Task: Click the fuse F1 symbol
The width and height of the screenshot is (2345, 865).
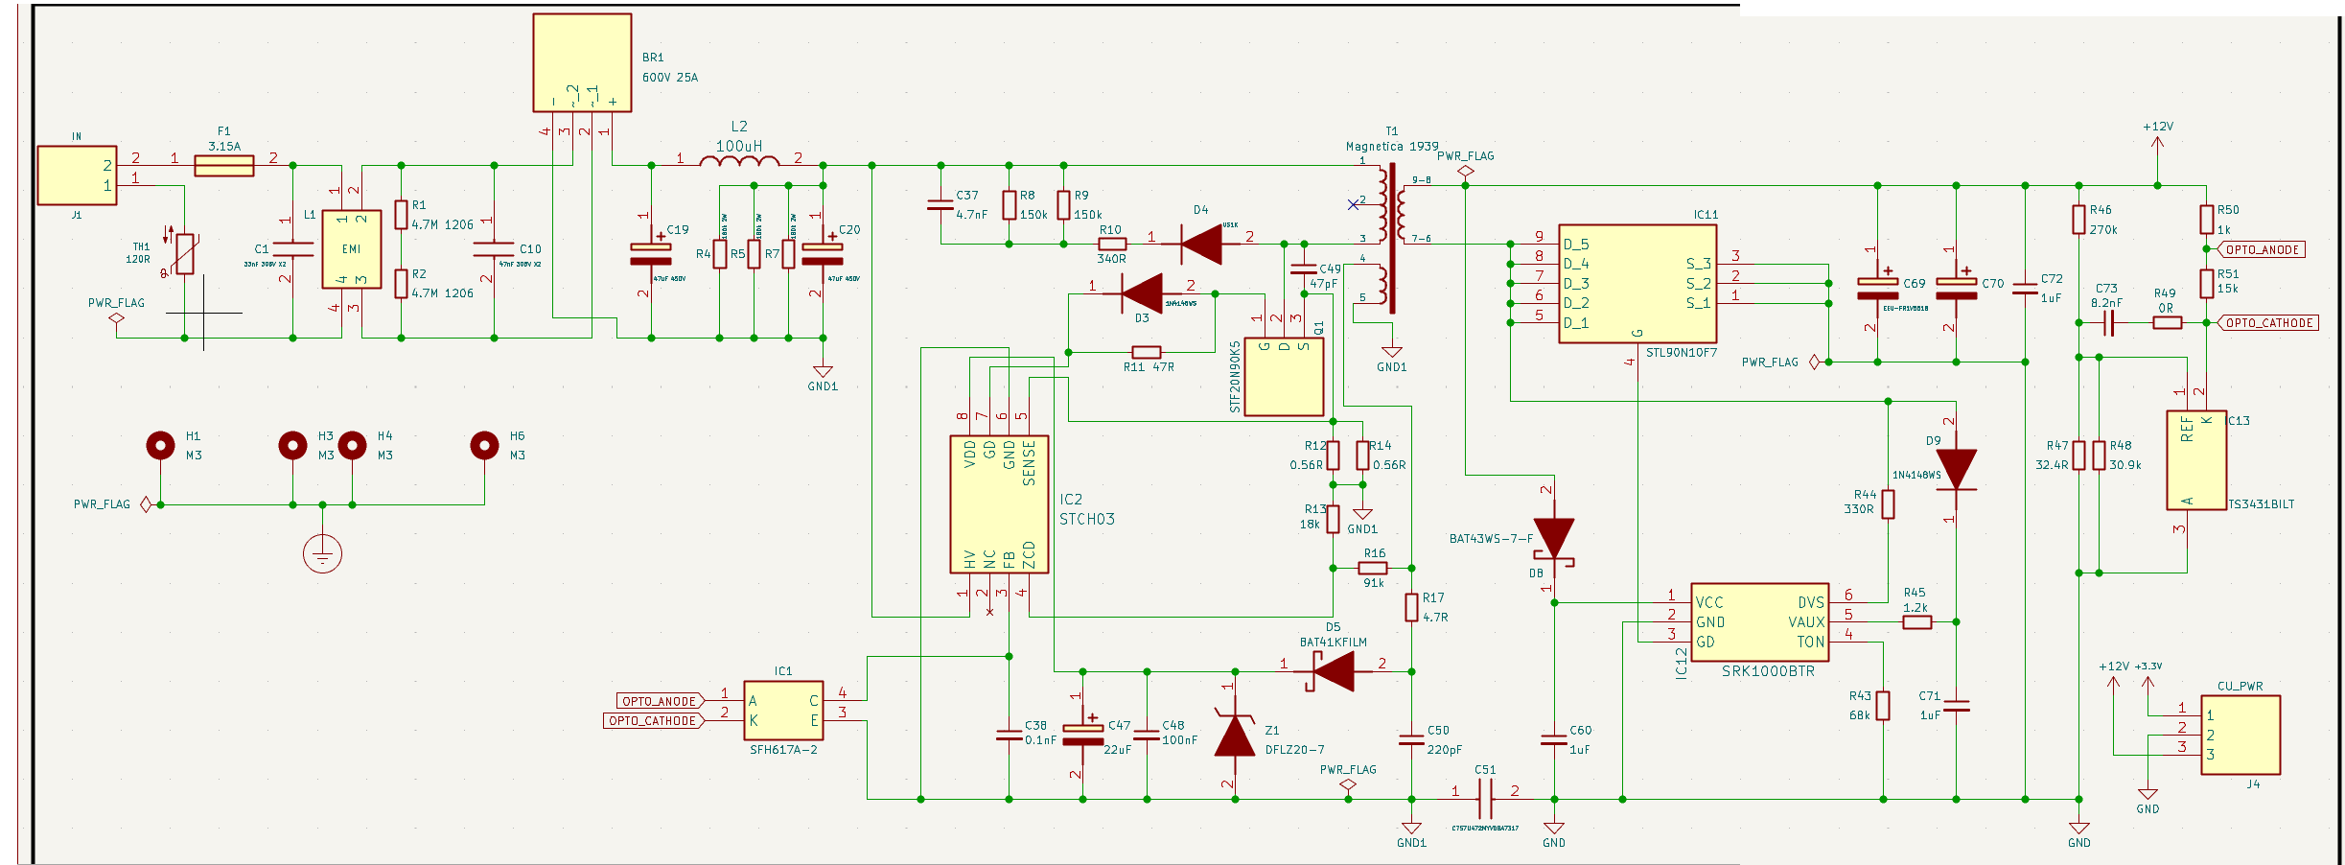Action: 223,166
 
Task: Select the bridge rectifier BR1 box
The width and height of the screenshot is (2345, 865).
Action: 582,62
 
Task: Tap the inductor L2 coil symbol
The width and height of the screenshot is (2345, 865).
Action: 739,161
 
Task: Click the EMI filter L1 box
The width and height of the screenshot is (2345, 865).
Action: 351,248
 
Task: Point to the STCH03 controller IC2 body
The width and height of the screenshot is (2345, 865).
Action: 999,504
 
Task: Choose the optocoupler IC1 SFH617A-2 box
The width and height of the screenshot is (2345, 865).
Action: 783,710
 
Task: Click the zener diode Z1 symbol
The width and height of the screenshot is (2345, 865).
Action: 1235,736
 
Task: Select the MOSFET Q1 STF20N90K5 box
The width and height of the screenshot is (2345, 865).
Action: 1284,376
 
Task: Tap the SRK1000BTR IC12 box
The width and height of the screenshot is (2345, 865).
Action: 1759,621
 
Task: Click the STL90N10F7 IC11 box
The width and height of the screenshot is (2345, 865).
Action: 1637,284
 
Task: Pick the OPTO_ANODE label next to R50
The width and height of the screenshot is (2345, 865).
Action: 2263,249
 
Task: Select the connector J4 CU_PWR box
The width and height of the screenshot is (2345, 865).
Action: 2240,735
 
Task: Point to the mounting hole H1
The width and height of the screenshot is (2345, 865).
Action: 160,446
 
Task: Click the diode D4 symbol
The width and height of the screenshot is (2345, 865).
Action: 1201,244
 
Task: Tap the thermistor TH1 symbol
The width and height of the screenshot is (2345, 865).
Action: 185,253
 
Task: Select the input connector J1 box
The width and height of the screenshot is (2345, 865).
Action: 77,175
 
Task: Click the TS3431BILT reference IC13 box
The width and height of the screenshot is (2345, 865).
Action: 2195,460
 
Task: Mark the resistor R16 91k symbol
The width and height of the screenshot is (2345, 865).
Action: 1373,568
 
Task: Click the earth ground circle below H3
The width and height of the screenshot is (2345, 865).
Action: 322,554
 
